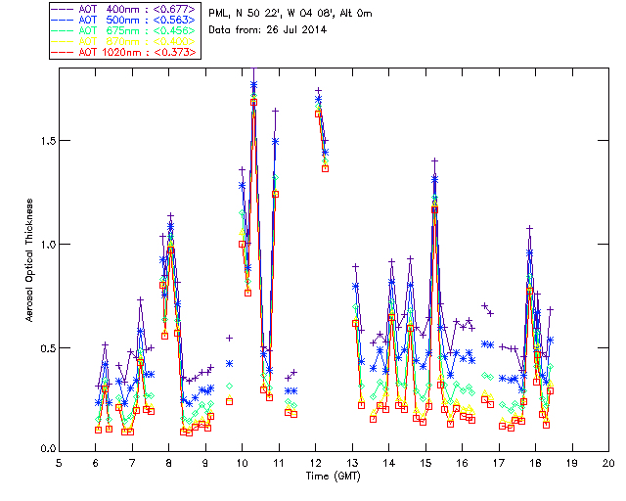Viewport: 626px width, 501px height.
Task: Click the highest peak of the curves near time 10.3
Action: coord(254,84)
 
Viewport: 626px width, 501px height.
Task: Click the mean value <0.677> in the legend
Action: coord(177,9)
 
